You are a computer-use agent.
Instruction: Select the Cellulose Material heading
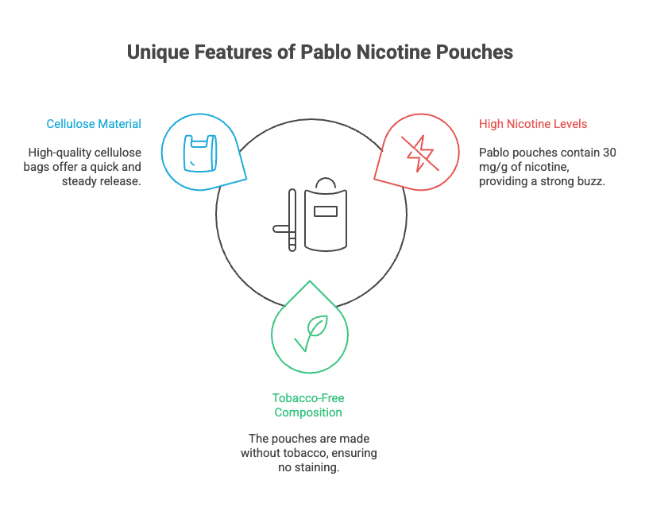coord(94,124)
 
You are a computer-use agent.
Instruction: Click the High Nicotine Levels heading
coord(533,124)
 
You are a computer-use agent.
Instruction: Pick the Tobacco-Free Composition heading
coord(308,405)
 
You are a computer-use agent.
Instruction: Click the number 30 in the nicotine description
coord(609,152)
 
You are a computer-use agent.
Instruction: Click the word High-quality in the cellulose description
coord(59,152)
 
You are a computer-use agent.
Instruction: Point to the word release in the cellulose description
coord(119,180)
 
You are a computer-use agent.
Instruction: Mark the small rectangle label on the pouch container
coord(326,211)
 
